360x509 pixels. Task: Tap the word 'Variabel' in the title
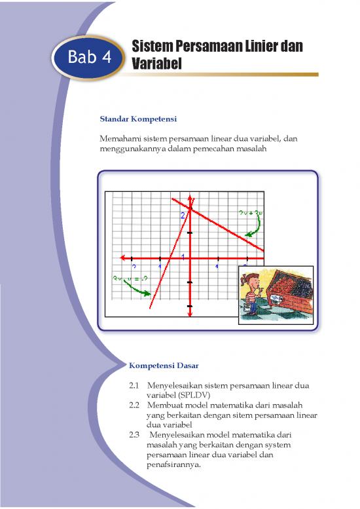tap(155, 65)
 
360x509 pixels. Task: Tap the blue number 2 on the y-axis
tap(183, 215)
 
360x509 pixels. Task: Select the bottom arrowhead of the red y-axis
tap(189, 316)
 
